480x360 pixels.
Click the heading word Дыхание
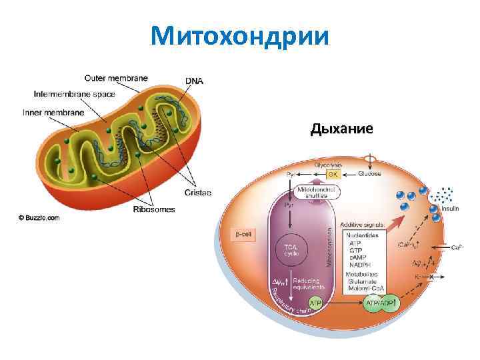click(341, 128)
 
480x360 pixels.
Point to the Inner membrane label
click(53, 112)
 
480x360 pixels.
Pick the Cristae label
click(198, 193)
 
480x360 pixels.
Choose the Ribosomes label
click(154, 209)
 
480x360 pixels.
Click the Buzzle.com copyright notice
click(39, 217)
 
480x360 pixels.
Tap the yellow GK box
click(333, 174)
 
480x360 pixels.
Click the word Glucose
click(369, 174)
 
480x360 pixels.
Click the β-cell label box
click(243, 234)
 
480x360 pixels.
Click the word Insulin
click(450, 208)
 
